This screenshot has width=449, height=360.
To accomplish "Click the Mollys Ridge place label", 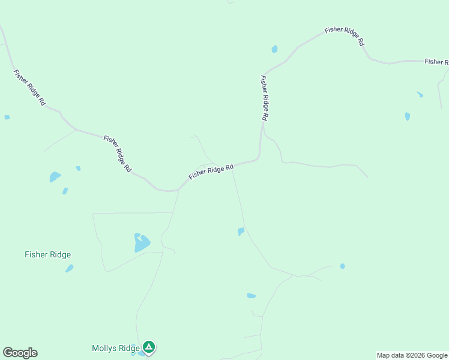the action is (x=115, y=348).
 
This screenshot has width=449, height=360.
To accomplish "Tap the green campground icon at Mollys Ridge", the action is (x=149, y=347).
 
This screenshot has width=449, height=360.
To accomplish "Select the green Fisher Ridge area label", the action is (x=47, y=254).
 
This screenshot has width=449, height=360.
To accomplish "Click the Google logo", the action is (x=20, y=353).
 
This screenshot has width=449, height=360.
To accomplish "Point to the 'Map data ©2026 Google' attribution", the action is (x=412, y=355).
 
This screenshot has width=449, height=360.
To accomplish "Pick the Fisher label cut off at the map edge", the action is (x=436, y=62).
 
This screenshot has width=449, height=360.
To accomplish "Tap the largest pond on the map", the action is (x=141, y=243).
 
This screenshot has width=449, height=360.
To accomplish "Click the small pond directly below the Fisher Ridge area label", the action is (x=69, y=268).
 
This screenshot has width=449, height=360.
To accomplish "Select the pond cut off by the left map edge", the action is (x=7, y=117).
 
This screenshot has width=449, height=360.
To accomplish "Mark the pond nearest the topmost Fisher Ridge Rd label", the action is (x=274, y=49).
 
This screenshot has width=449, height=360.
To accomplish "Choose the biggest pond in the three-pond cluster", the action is (x=55, y=176).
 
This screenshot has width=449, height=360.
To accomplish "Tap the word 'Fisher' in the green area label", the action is (x=35, y=254).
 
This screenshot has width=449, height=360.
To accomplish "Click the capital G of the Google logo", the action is (x=8, y=353).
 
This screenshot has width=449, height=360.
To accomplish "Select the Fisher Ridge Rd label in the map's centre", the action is (x=211, y=172).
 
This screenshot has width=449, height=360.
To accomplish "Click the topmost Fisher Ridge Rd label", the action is (x=345, y=36).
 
